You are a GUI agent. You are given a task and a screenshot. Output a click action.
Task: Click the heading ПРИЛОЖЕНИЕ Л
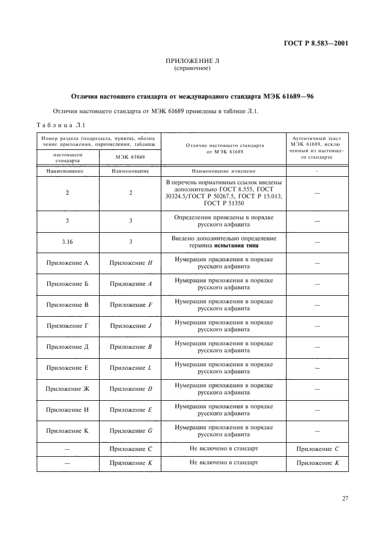pyautogui.click(x=192, y=61)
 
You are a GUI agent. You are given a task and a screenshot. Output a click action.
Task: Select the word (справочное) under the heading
pyautogui.click(x=192, y=69)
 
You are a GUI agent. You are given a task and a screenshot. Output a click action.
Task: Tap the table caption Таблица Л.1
pyautogui.click(x=61, y=125)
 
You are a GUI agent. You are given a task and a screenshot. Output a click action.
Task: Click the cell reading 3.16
pyautogui.click(x=68, y=242)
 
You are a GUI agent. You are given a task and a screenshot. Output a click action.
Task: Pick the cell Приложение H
pyautogui.click(x=130, y=263)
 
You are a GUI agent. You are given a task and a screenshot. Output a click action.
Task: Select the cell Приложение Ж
pyautogui.click(x=68, y=389)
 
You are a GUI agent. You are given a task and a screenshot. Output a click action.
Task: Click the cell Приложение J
pyautogui.click(x=130, y=326)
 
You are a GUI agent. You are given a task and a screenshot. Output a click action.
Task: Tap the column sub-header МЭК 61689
pyautogui.click(x=130, y=157)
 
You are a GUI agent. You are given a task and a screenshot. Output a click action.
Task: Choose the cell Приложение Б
pyautogui.click(x=68, y=284)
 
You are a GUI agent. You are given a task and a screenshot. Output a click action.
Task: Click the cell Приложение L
pyautogui.click(x=130, y=368)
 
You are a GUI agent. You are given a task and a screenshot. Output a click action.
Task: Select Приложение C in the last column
pyautogui.click(x=317, y=449)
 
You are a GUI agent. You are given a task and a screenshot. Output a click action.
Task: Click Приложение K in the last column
pyautogui.click(x=317, y=463)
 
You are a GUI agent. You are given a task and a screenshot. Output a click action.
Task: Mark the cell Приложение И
pyautogui.click(x=68, y=410)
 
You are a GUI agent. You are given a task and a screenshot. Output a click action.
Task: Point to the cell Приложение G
pyautogui.click(x=130, y=431)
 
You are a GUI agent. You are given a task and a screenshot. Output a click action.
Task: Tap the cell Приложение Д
pyautogui.click(x=68, y=347)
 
